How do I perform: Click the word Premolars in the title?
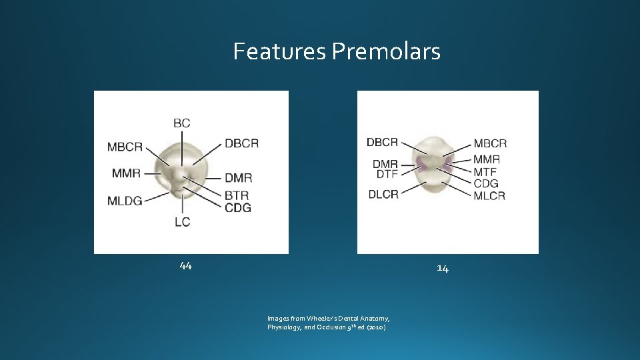(x=385, y=51)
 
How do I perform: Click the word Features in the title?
(x=279, y=51)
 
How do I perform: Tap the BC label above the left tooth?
(x=181, y=123)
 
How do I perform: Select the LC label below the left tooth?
(x=182, y=222)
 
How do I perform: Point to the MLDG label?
(x=125, y=201)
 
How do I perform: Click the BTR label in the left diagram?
(x=237, y=195)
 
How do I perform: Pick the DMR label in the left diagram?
(x=238, y=178)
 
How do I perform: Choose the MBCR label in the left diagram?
(x=125, y=147)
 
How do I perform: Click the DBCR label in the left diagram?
(x=241, y=143)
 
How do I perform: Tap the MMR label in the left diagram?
(x=126, y=173)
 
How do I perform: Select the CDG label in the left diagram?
(x=237, y=207)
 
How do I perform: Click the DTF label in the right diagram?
(x=387, y=173)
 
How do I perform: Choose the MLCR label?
(x=489, y=195)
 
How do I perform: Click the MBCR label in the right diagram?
(x=490, y=143)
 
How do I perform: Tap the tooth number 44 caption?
(x=185, y=266)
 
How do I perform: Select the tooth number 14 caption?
(x=443, y=268)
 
